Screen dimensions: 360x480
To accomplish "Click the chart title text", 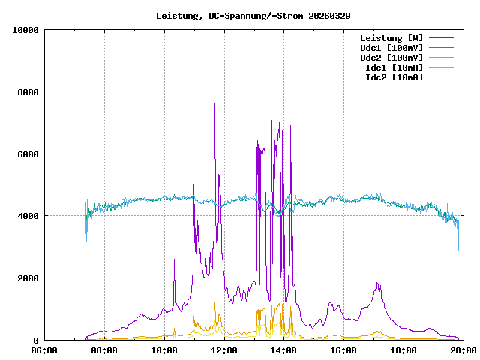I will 253,16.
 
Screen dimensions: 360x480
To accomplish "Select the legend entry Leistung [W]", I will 391,38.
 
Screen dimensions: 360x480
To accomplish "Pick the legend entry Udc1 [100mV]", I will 391,48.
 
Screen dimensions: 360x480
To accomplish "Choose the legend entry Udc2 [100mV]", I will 391,58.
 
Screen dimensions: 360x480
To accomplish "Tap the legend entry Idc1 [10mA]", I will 394,67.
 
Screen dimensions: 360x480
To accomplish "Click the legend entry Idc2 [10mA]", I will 394,77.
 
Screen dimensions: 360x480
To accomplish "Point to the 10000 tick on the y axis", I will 25,30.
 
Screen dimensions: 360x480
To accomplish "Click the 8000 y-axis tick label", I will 28,92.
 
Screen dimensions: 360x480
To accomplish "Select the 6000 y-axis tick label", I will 28,154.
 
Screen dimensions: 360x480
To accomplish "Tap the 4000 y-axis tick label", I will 28,216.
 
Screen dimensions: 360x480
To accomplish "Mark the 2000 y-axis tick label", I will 28,278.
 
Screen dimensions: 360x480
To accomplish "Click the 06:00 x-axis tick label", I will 44,350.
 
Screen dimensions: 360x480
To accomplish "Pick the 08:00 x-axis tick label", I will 104,350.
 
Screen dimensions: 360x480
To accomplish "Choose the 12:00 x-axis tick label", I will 223,350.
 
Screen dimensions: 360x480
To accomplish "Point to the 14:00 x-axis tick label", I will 283,350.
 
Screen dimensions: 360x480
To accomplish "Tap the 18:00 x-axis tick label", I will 403,350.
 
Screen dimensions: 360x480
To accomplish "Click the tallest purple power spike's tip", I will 214,103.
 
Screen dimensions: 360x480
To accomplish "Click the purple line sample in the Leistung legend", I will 441,38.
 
